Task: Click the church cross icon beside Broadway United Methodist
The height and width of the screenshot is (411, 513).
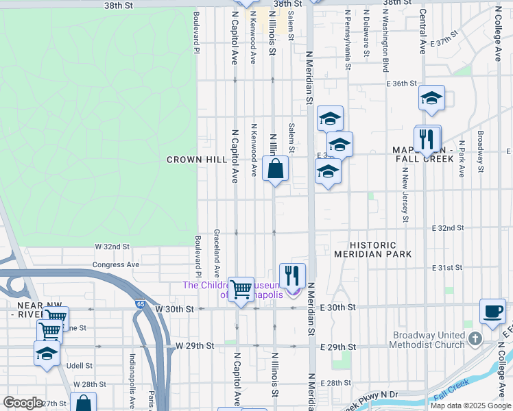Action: click(x=475, y=339)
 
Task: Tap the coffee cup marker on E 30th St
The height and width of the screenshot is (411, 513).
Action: click(x=492, y=310)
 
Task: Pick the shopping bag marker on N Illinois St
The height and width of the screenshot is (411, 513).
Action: click(x=275, y=169)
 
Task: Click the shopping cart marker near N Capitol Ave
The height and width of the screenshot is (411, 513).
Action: click(x=241, y=289)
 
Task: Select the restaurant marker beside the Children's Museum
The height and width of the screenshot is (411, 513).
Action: click(x=293, y=275)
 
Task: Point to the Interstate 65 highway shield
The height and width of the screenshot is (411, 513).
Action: click(x=141, y=303)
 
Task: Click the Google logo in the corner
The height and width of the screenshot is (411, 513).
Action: click(x=23, y=403)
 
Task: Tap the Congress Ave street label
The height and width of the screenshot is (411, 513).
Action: click(x=115, y=264)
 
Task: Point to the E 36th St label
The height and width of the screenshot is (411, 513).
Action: click(x=401, y=84)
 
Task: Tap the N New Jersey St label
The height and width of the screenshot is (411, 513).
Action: click(x=405, y=197)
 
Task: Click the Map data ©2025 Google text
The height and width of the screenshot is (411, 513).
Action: click(x=470, y=406)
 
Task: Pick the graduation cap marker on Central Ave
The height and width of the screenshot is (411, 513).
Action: click(x=431, y=98)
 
